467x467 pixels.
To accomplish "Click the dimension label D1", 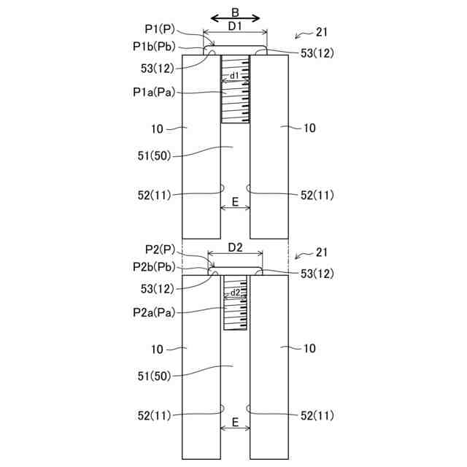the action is point(235,26).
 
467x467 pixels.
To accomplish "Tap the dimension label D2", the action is point(235,247).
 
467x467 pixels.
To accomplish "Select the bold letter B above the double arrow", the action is point(235,12).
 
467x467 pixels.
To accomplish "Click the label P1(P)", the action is point(160,29).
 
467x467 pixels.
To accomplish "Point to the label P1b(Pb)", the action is point(154,47).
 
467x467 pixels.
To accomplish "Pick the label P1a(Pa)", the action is point(154,93).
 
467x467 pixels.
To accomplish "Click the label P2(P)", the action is point(160,250).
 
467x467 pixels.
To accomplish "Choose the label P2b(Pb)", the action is point(154,267).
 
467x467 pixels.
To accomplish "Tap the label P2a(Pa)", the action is point(154,313).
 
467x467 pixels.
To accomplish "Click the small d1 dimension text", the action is point(234,76).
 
